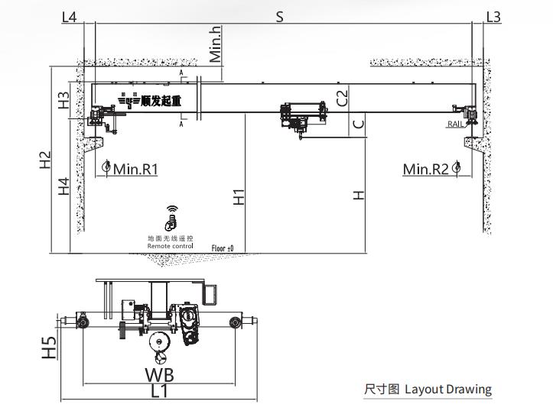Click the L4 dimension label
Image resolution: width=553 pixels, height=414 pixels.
[70, 16]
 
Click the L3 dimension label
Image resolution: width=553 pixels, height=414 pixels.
[493, 16]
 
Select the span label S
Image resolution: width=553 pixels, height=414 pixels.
[279, 16]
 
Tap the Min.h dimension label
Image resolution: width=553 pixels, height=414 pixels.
[216, 44]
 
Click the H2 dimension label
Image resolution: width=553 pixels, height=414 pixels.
[45, 160]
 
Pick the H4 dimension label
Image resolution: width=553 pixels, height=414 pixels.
[64, 186]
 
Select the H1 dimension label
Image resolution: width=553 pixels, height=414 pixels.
[239, 196]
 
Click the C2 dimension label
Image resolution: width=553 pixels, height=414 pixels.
[342, 97]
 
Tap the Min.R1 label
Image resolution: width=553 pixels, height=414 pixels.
[135, 169]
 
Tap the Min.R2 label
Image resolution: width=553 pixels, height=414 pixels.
[426, 169]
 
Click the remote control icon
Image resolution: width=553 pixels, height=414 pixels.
[171, 220]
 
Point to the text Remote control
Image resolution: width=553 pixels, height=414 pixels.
[171, 246]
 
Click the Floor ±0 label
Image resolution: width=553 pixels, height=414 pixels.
[223, 247]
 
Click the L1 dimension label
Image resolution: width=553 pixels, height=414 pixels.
[159, 392]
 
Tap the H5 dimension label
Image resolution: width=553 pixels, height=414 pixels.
[49, 348]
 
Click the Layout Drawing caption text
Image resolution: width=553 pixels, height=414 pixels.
[447, 390]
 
